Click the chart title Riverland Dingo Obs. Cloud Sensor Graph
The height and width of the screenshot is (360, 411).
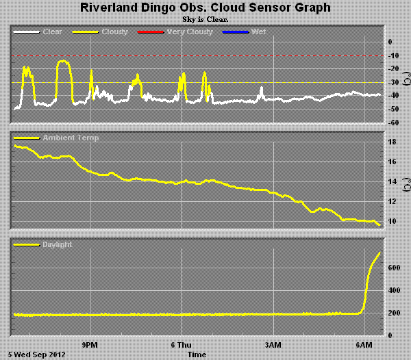[206, 8]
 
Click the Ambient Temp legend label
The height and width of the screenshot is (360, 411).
[71, 138]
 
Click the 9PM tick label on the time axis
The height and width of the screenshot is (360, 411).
[90, 345]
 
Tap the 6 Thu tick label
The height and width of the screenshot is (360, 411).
[181, 345]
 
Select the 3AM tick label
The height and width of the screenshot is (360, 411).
[273, 345]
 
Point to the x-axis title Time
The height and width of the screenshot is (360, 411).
[197, 355]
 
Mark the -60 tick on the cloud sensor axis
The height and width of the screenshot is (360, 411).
[393, 123]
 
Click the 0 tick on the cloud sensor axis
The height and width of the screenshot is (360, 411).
[390, 42]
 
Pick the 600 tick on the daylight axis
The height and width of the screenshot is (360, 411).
[394, 268]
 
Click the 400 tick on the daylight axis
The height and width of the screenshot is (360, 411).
[394, 290]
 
